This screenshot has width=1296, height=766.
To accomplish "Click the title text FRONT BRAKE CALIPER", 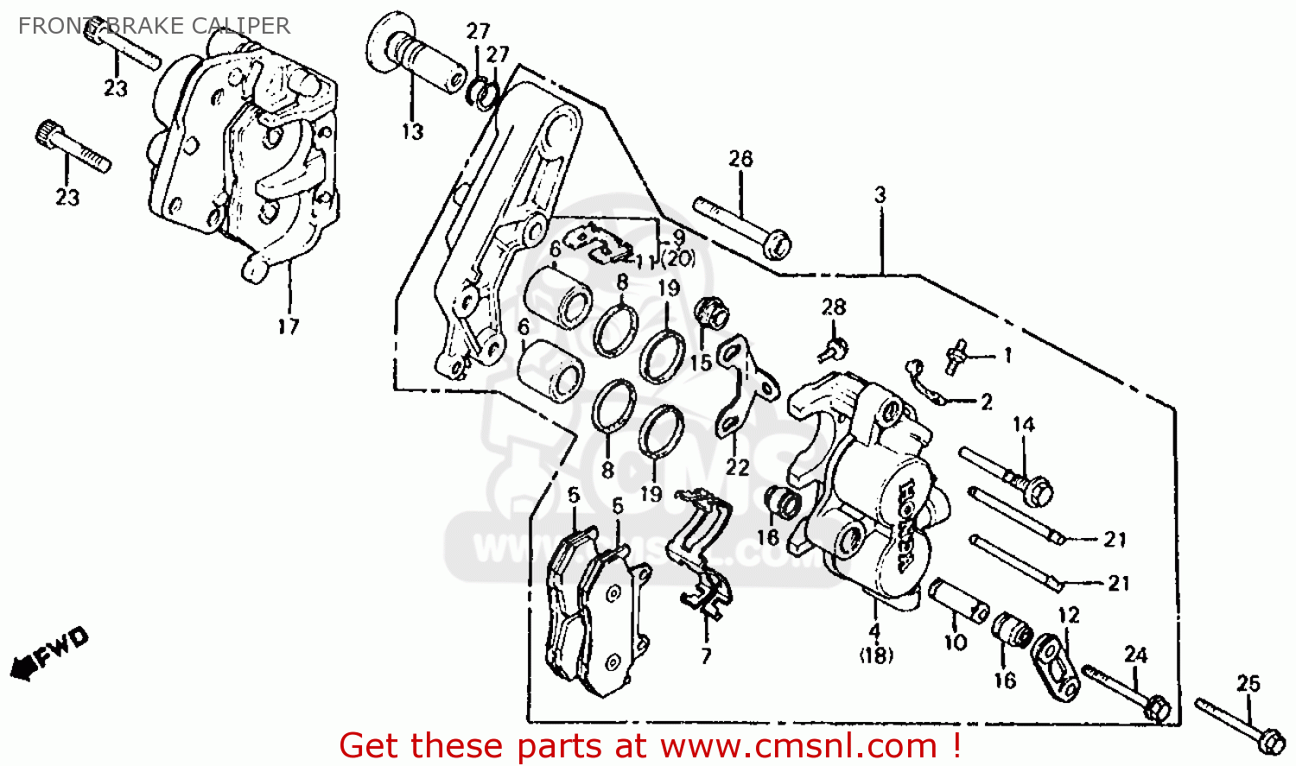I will click(x=154, y=26).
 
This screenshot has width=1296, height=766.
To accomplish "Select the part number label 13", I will click(x=412, y=132).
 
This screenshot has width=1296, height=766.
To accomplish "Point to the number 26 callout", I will click(x=740, y=159).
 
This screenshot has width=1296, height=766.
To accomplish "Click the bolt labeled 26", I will click(x=743, y=228).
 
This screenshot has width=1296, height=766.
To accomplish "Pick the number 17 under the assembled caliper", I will click(x=289, y=326).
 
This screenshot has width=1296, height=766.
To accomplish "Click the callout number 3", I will click(x=880, y=195).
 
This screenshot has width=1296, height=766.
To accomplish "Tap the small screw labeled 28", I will click(x=834, y=349).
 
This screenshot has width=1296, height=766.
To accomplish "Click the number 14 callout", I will click(x=1024, y=425).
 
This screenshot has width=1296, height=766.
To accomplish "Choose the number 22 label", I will click(x=737, y=467).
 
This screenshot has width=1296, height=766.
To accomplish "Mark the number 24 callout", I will click(x=1135, y=655).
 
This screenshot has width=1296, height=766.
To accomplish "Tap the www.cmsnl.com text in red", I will click(x=799, y=745).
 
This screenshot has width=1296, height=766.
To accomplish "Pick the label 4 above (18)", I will click(x=874, y=632).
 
